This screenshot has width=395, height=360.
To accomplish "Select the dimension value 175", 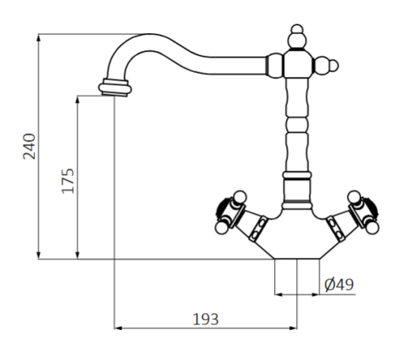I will click(67, 181).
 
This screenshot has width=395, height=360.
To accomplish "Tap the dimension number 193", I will click(205, 318).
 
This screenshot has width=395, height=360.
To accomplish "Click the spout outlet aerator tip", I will click(115, 86).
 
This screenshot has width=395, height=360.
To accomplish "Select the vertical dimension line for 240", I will click(39, 146).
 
